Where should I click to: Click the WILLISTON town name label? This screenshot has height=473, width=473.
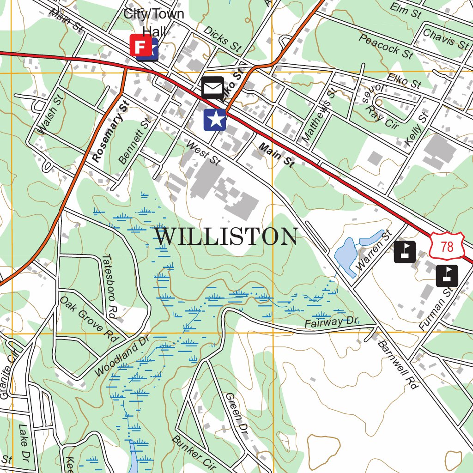226,236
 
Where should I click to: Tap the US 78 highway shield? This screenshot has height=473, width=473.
446,247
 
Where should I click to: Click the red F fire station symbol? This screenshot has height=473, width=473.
139,45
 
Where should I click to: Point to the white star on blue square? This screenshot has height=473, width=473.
215,120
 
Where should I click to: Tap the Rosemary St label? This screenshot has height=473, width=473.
109,132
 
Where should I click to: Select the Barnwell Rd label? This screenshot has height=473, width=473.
398,364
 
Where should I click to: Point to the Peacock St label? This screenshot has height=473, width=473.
386,46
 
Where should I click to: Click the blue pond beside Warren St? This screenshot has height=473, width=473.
345,255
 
